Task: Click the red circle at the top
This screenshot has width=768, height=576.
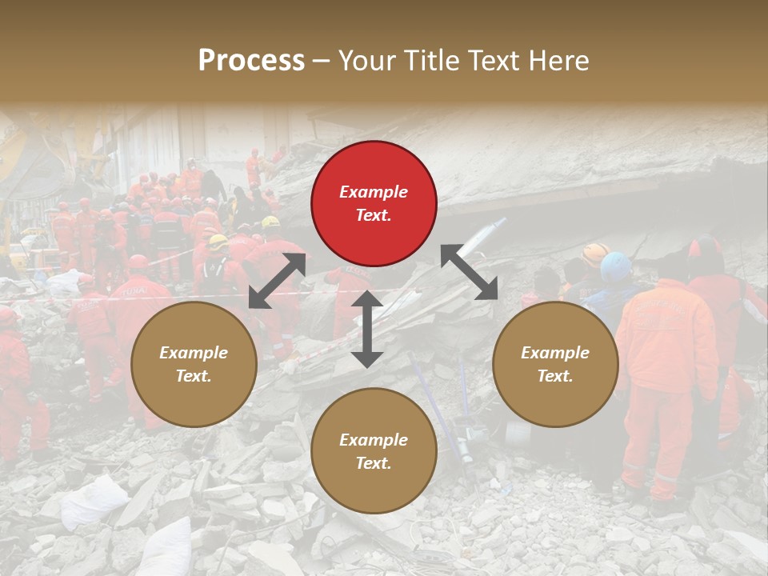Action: [x=374, y=204]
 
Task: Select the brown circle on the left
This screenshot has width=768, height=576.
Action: [x=194, y=365]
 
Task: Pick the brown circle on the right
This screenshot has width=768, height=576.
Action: [x=555, y=365]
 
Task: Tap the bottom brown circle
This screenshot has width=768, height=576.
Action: [x=374, y=451]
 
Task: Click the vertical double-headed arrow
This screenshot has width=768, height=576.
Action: [x=367, y=329]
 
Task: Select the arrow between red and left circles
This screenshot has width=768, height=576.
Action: [x=277, y=281]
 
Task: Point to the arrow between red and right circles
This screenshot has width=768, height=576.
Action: [x=470, y=273]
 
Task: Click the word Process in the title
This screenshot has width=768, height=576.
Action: [x=251, y=60]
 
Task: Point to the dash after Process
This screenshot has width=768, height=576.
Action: [x=321, y=61]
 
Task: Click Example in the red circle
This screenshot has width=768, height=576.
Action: [x=374, y=192]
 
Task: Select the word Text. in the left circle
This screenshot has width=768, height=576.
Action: [x=194, y=376]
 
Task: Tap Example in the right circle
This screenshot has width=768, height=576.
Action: [x=555, y=353]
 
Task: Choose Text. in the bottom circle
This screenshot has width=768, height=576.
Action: [x=374, y=463]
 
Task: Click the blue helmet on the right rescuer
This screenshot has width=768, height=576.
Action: [x=616, y=266]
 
